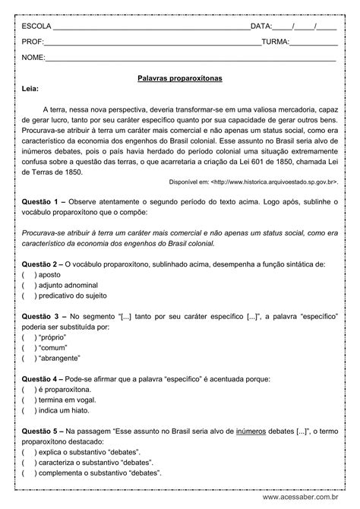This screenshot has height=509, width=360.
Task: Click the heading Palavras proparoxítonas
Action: (180, 77)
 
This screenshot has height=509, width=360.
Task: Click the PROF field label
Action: (33, 42)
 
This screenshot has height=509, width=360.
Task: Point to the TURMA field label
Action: (275, 42)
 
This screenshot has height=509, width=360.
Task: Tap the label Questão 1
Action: (41, 201)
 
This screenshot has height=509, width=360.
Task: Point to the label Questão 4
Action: (41, 377)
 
